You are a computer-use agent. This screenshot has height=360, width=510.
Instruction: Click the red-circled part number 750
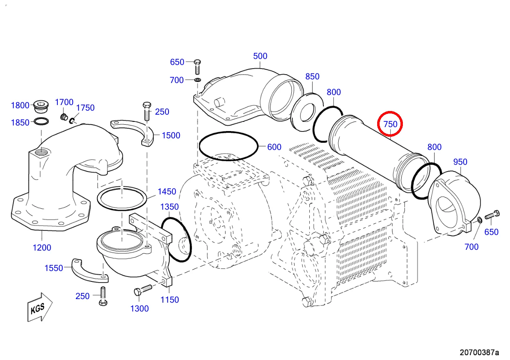pyautogui.click(x=390, y=124)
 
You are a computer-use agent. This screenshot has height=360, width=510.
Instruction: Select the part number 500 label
pyautogui.click(x=260, y=56)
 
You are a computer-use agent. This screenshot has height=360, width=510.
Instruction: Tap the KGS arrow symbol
pyautogui.click(x=40, y=307)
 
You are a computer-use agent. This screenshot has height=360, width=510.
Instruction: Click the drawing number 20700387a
pyautogui.click(x=479, y=352)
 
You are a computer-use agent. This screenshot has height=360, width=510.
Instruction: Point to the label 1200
pyautogui.click(x=42, y=248)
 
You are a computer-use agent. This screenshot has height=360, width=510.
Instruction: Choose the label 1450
pyautogui.click(x=167, y=192)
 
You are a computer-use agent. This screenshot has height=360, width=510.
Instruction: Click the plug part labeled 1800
pyautogui.click(x=41, y=106)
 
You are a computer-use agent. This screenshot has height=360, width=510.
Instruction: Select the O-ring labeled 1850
pyautogui.click(x=41, y=121)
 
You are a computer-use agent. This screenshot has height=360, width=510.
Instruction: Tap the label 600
pyautogui.click(x=274, y=147)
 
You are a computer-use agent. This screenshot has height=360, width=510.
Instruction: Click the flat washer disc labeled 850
pyautogui.click(x=307, y=112)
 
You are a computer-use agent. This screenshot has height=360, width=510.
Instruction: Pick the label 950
pyautogui.click(x=460, y=162)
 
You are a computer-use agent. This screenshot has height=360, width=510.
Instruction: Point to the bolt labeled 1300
pyautogui.click(x=143, y=290)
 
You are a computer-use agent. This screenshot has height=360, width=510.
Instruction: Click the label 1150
pyautogui.click(x=170, y=300)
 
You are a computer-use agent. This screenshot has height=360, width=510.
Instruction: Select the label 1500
pyautogui.click(x=171, y=136)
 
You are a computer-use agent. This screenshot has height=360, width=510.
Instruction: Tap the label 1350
pyautogui.click(x=169, y=207)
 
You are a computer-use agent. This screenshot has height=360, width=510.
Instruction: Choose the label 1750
pyautogui.click(x=85, y=107)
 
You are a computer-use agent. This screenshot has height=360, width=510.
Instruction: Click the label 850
pyautogui.click(x=312, y=77)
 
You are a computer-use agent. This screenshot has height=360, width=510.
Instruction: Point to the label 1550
pyautogui.click(x=53, y=268)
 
